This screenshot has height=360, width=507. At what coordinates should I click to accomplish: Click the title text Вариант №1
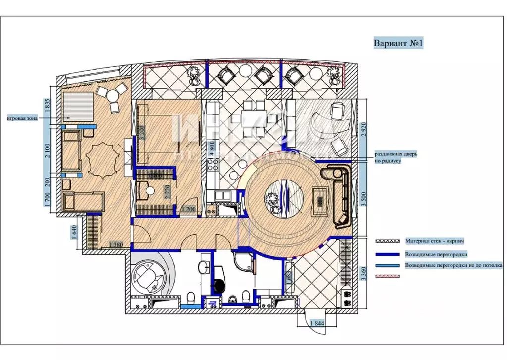[398, 43]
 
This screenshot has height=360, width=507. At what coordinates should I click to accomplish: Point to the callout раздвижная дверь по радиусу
[395, 158]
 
